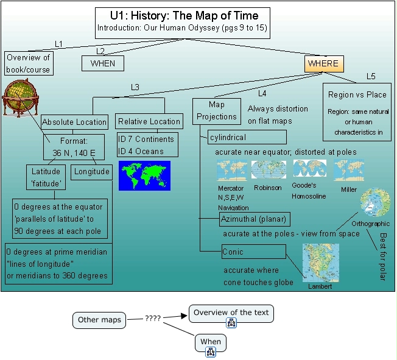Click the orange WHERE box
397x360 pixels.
pos(322,63)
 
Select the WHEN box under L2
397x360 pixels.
pos(103,63)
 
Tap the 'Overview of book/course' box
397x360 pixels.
pos(29,63)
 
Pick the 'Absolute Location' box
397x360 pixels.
pos(75,122)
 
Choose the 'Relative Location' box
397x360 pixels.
pos(149,121)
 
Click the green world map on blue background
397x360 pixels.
pos(144,175)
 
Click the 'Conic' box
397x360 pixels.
pos(253,251)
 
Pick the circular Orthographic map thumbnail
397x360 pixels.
pos(375,203)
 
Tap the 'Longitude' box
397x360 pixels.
pos(91,172)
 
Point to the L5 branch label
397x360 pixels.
pos(371,76)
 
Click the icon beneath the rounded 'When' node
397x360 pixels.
pos(211,351)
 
